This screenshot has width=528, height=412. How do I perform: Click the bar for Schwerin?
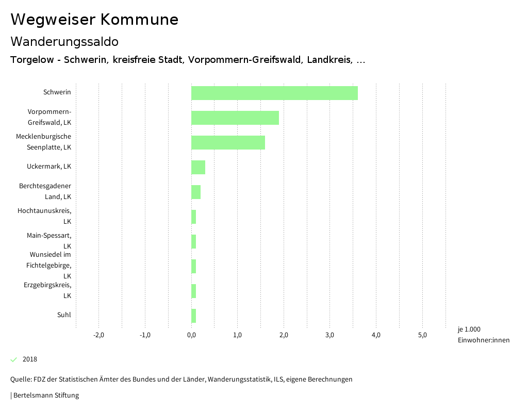(x=274, y=93)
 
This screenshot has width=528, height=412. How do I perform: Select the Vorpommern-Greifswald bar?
(x=235, y=118)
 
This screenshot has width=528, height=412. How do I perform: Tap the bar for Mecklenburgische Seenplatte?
(x=228, y=142)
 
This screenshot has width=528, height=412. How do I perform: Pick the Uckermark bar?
(x=198, y=167)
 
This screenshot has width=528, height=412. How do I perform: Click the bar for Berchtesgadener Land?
(x=196, y=192)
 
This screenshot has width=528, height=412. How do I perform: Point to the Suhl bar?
(x=193, y=316)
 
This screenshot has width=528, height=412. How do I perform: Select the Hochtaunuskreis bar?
(x=193, y=217)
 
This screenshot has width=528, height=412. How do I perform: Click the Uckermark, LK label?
(x=49, y=167)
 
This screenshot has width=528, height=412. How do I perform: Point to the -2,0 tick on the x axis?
(x=98, y=335)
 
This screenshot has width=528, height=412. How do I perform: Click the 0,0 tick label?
(x=191, y=335)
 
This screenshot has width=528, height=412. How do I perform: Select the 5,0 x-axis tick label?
(x=422, y=335)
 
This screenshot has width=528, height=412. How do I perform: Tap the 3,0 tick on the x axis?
(x=330, y=335)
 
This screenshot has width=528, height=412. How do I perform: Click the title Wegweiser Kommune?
(x=94, y=20)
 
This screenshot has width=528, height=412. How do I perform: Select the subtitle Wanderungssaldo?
(x=64, y=41)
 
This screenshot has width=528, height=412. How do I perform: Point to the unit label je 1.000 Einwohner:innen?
(x=483, y=335)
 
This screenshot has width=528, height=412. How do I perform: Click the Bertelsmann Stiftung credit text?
(x=45, y=395)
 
